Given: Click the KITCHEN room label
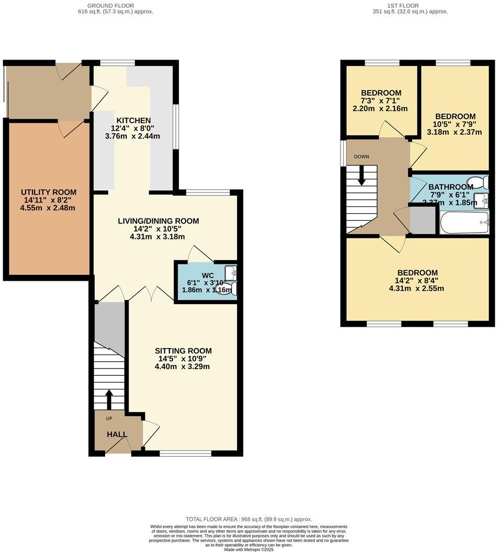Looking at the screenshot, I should [x=133, y=120].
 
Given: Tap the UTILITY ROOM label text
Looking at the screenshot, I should [x=49, y=192].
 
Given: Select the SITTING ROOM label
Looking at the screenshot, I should [x=183, y=350].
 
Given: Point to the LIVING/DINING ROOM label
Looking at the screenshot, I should [x=158, y=221].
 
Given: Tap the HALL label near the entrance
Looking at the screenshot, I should [x=117, y=434].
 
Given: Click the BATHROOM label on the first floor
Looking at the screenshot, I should [x=450, y=187].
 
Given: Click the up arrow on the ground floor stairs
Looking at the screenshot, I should [x=109, y=399].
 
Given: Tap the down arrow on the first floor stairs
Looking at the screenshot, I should [x=361, y=175].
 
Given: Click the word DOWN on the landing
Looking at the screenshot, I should [x=361, y=156].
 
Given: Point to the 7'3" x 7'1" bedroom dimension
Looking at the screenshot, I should [x=380, y=100].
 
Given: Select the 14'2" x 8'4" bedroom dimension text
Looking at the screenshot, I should [x=417, y=281].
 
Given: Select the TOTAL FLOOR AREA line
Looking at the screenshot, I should [x=248, y=519].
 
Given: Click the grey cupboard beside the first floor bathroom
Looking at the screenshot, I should [x=422, y=220].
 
